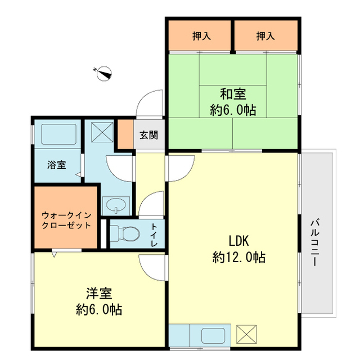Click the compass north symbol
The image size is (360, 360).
(x=103, y=72)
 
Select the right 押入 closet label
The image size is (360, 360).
(x=265, y=37)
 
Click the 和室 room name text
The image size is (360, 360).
(x=233, y=93)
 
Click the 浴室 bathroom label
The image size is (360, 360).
(x=56, y=165)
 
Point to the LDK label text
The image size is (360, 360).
(x=238, y=240)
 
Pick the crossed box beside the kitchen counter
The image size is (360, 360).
(x=246, y=334)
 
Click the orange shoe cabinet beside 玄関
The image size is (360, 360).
(x=125, y=134)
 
